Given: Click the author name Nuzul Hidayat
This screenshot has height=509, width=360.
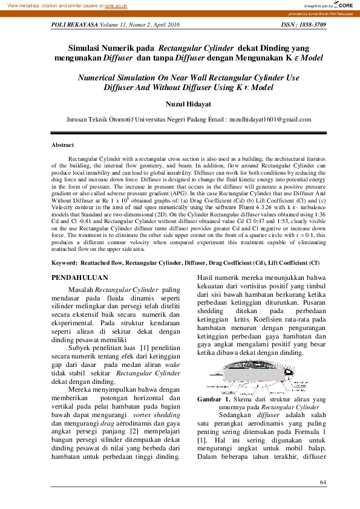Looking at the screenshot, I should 180,104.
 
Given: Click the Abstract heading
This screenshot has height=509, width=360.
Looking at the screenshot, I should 63,145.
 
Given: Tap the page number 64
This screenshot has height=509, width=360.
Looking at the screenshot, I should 322,482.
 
